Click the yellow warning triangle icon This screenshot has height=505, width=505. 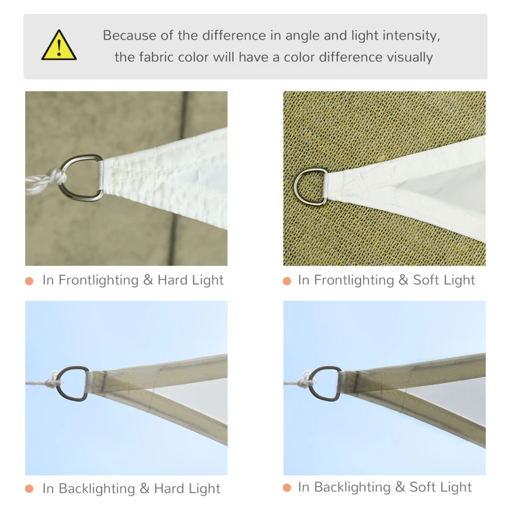tap(59, 45)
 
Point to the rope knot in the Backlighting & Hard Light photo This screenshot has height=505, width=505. tap(55, 379)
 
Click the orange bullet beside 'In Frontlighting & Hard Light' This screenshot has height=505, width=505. tap(29, 281)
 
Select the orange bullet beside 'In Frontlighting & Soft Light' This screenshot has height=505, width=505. tap(287, 281)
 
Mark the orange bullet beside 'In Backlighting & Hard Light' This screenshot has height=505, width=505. tap(29, 489)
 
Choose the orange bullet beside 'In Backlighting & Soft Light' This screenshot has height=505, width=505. tap(287, 487)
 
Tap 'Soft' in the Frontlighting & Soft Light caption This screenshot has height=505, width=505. tap(425, 280)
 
